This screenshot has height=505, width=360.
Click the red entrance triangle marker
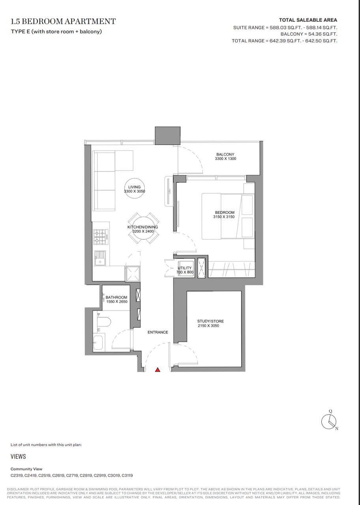tap(157, 370)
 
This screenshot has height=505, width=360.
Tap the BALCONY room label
tap(225, 154)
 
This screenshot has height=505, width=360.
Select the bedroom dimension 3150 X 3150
tap(224, 217)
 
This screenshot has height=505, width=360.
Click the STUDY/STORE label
tap(210, 321)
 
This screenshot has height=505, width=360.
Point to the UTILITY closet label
tap(184, 268)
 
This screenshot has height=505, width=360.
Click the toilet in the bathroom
tap(104, 322)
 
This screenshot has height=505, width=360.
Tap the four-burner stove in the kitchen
tap(101, 237)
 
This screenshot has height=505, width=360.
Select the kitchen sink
tap(100, 258)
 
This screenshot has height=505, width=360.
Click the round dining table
tap(143, 228)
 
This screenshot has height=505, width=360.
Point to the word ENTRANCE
tap(157, 332)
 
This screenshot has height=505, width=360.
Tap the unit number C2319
tap(17, 475)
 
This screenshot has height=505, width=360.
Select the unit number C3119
tap(127, 475)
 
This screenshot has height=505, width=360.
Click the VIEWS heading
tap(18, 456)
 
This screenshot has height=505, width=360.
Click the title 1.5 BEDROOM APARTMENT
tap(63, 21)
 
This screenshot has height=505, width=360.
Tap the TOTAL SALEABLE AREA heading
tap(308, 20)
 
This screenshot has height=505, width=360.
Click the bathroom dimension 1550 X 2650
tap(117, 302)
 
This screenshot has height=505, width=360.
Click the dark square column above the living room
tap(168, 135)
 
